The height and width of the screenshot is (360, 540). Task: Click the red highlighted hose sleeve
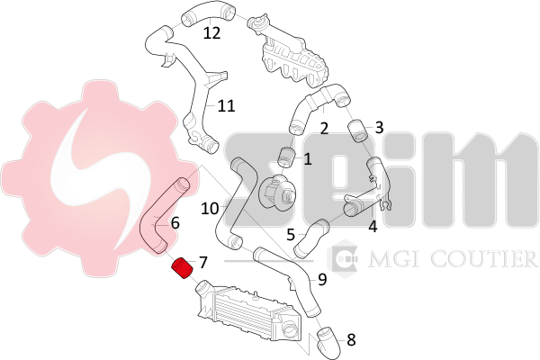tap(183, 268)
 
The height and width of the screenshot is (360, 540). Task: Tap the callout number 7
tap(203, 263)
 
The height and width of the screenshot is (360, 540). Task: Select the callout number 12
tap(211, 33)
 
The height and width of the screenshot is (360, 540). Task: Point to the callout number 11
tap(227, 106)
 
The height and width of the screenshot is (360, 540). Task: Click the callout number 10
tap(210, 209)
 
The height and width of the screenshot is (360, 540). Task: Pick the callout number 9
tap(322, 279)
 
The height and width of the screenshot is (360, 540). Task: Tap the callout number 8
tap(351, 340)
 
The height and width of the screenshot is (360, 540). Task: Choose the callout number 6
tap(175, 223)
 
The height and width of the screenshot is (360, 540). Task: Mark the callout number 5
tap(291, 235)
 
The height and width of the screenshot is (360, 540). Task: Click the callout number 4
tap(373, 227)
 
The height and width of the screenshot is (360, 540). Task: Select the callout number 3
tap(379, 128)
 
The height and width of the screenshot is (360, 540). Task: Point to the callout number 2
tap(324, 129)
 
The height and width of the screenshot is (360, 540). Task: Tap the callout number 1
tap(308, 159)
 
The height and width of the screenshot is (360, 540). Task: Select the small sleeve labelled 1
tap(287, 157)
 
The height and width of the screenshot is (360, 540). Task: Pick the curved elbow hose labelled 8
tap(328, 344)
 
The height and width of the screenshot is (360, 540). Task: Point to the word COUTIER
tap(484, 259)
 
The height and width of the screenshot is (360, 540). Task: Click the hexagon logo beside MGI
tap(342, 258)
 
